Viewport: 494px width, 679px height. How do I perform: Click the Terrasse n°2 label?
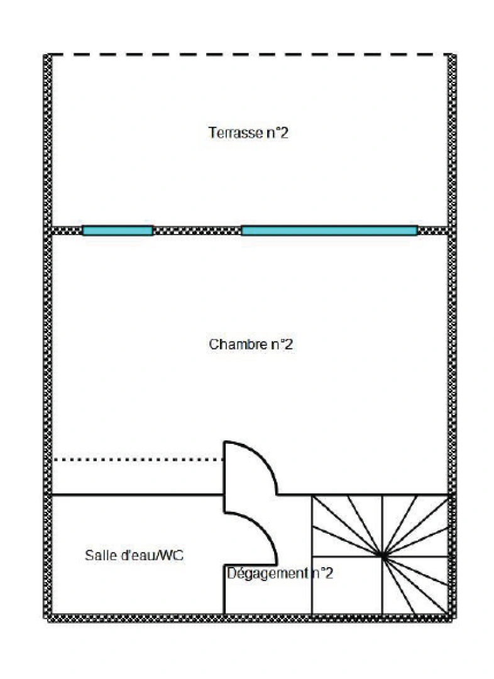pyautogui.click(x=248, y=133)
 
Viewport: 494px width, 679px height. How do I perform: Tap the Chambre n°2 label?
pyautogui.click(x=251, y=345)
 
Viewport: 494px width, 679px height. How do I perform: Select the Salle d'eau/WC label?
pyautogui.click(x=134, y=556)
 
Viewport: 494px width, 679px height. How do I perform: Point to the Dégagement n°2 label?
pyautogui.click(x=280, y=573)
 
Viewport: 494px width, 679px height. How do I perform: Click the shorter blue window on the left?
pyautogui.click(x=118, y=231)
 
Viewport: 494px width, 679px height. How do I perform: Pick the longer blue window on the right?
pyautogui.click(x=329, y=231)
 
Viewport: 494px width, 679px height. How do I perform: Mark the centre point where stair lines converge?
pyautogui.click(x=382, y=556)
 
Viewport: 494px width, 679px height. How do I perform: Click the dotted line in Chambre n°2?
pyautogui.click(x=138, y=460)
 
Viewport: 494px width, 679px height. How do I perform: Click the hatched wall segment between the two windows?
pyautogui.click(x=197, y=231)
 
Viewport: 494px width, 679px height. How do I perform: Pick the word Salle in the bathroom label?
pyautogui.click(x=97, y=556)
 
